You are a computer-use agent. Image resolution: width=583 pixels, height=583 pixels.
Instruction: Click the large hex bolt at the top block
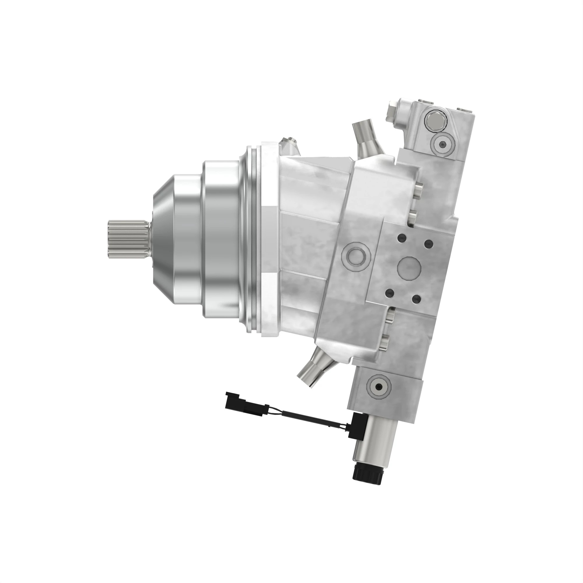(x=435, y=122)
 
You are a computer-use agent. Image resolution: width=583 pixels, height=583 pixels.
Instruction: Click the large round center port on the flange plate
(x=409, y=268)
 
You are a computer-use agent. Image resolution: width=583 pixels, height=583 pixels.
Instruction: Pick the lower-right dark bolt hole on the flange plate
(x=417, y=299)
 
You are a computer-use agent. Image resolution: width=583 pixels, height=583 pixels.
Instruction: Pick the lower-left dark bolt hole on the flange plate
(x=390, y=293)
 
